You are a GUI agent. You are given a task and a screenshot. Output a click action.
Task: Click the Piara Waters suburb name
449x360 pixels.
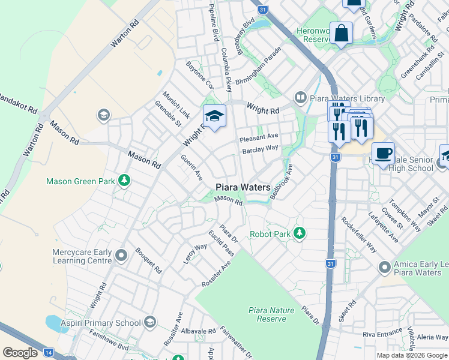click(x=243, y=187)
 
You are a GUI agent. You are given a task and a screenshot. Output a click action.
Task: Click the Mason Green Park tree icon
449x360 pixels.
click(x=124, y=181)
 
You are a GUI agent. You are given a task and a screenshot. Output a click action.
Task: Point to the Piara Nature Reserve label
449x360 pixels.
click(x=271, y=314)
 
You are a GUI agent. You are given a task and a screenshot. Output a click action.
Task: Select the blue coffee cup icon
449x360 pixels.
click(x=383, y=154)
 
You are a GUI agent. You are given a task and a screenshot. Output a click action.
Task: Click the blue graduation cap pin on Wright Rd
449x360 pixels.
click(x=214, y=116)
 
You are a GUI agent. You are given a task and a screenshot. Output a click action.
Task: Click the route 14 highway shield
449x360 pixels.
click(x=49, y=353)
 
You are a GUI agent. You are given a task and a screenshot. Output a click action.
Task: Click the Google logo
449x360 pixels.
click(x=20, y=353)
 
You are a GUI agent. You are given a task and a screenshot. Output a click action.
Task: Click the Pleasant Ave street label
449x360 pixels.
click(x=259, y=137)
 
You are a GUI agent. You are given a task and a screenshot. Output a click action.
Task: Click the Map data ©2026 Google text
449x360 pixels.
click(x=412, y=355)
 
